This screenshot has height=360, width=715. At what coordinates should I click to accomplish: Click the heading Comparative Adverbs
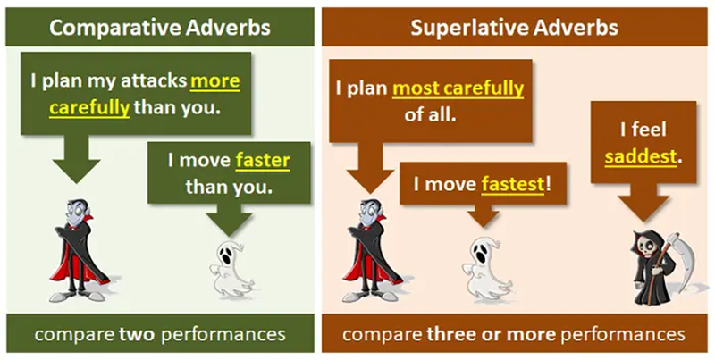pyautogui.click(x=160, y=27)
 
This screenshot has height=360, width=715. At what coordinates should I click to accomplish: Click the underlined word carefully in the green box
pyautogui.click(x=90, y=108)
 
